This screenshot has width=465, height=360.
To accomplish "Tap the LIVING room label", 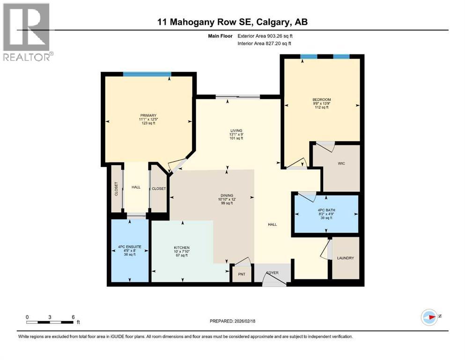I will click(x=229, y=131).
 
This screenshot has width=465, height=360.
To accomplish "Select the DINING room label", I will click(x=227, y=195).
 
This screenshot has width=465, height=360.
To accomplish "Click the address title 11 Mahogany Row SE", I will click(x=232, y=22).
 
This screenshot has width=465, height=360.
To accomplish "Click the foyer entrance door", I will click(x=274, y=280).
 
